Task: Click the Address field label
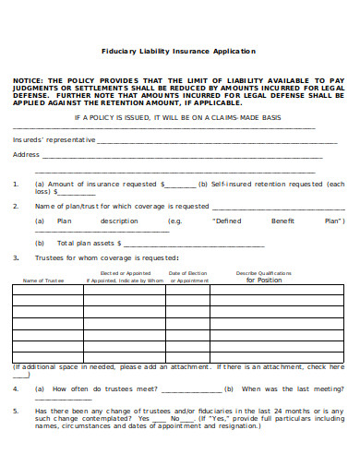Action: click(x=26, y=154)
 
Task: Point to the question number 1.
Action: click(x=16, y=184)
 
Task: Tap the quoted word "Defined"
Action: click(x=227, y=221)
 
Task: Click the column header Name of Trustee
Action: click(x=42, y=280)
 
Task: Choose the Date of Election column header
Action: click(x=197, y=273)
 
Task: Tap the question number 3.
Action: click(x=16, y=257)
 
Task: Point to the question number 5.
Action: click(x=16, y=410)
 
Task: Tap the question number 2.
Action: click(x=16, y=206)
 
